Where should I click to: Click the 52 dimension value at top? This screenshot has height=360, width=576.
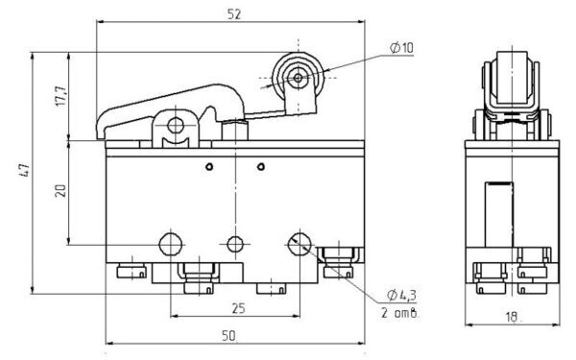tap(234, 14)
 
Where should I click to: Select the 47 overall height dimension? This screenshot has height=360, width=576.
tap(24, 171)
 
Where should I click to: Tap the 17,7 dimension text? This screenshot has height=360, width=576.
tap(61, 96)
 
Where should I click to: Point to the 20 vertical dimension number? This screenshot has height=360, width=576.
tap(60, 191)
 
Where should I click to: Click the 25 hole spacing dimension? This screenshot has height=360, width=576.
tap(238, 308)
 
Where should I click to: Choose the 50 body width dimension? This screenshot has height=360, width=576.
tap(228, 335)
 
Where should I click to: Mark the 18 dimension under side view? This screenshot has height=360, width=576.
tap(511, 317)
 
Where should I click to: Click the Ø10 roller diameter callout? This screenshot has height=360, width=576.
tap(401, 48)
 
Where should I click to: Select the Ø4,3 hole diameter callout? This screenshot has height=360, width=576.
tap(401, 295)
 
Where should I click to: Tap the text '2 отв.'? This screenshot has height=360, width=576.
tap(399, 313)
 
